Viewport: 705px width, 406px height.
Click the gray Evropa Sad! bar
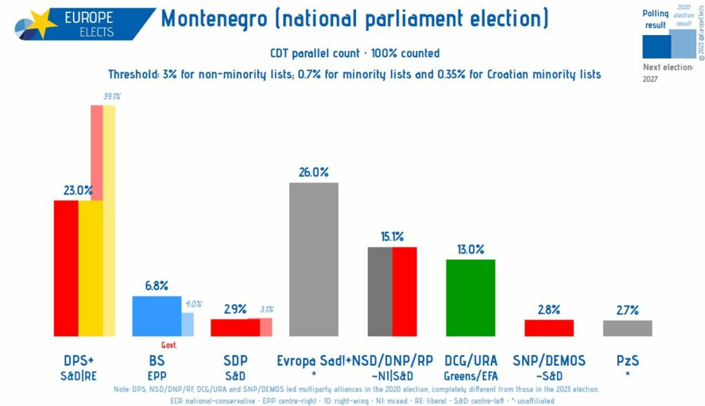(313, 259)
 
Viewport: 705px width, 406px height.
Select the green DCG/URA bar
(470, 297)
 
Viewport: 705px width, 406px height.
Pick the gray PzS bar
(627, 328)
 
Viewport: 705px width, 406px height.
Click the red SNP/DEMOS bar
(549, 327)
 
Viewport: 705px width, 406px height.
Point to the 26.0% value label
(313, 172)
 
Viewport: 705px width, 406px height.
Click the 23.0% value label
(78, 190)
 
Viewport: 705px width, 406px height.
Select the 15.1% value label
(392, 236)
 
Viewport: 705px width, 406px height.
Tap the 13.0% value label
(470, 249)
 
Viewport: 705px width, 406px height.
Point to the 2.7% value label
(627, 309)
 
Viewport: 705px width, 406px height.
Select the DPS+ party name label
(78, 361)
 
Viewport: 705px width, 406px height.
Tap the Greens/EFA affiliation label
(470, 376)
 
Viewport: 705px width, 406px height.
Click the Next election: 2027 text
(667, 73)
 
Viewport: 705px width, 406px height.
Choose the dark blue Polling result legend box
(655, 46)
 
